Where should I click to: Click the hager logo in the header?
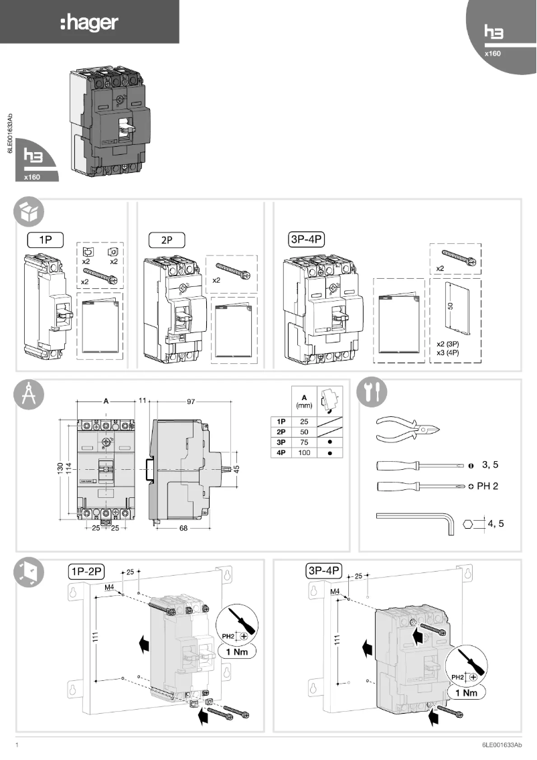point(89,23)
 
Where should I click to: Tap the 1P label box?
point(44,238)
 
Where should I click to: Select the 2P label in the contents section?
point(165,238)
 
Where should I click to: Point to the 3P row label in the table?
point(281,443)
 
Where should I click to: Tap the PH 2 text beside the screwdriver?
point(487,486)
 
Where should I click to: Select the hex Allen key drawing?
point(415,520)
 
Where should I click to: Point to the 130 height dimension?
point(60,468)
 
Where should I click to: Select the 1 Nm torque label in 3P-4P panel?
point(466,693)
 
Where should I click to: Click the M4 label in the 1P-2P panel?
point(110,587)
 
